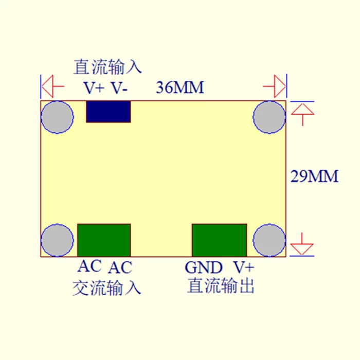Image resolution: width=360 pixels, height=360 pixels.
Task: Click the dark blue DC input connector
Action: [108, 112]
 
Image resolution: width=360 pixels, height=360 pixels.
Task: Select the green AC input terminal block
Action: [104, 240]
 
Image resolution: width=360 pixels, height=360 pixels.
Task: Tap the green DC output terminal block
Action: [219, 240]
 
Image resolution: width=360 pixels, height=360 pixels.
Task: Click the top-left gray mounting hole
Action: [57, 117]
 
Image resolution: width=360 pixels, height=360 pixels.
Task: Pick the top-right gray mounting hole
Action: [269, 117]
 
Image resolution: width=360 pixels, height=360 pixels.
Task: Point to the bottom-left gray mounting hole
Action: [57, 240]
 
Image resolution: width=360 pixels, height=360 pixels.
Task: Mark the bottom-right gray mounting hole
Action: [269, 240]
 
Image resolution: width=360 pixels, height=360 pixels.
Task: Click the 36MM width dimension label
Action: [180, 88]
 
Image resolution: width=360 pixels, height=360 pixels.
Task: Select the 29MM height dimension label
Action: [315, 176]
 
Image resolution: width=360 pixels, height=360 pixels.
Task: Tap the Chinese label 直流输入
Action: [107, 67]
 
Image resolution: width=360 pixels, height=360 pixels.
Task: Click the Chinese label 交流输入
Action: [106, 287]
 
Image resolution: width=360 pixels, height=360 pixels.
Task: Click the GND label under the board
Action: [204, 267]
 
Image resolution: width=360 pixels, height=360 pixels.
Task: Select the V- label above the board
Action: [120, 88]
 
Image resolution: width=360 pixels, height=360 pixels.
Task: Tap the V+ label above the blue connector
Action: [95, 88]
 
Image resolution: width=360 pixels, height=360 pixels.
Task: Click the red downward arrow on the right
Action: [301, 245]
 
